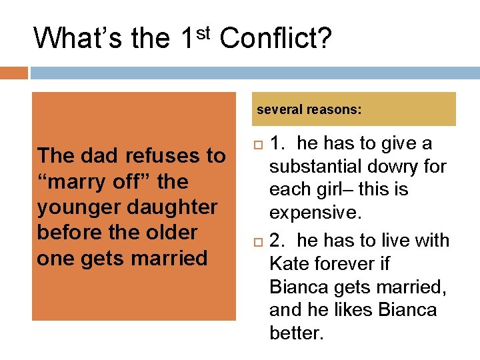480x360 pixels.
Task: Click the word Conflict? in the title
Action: coord(275,38)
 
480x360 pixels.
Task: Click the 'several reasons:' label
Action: coord(309,109)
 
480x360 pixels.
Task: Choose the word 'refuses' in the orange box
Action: coord(150,156)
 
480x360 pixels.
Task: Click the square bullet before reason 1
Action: coord(259,144)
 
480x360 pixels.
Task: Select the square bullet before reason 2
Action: coord(259,241)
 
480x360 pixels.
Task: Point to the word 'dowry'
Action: coord(397,166)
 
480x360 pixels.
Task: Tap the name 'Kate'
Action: coord(289,263)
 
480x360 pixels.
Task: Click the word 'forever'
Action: coord(346,263)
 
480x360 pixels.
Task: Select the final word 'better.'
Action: coord(296,333)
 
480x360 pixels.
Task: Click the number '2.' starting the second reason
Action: coord(279,240)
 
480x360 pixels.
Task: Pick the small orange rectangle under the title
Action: coord(14,73)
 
